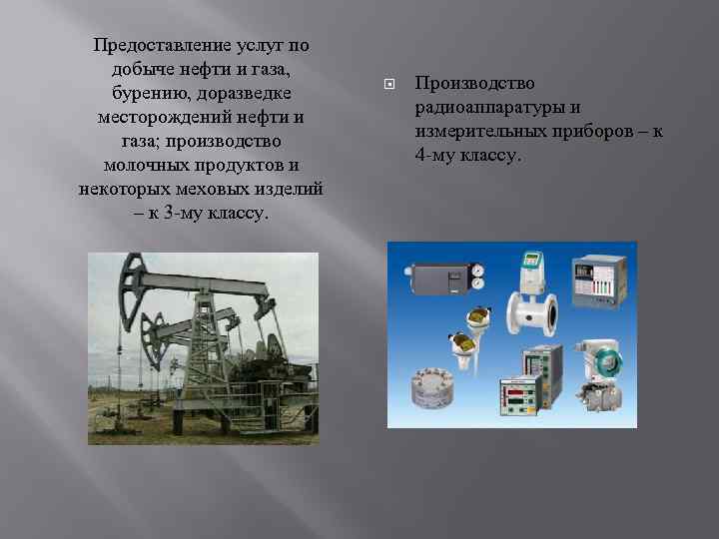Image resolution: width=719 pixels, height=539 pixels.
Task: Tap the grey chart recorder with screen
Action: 597,281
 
